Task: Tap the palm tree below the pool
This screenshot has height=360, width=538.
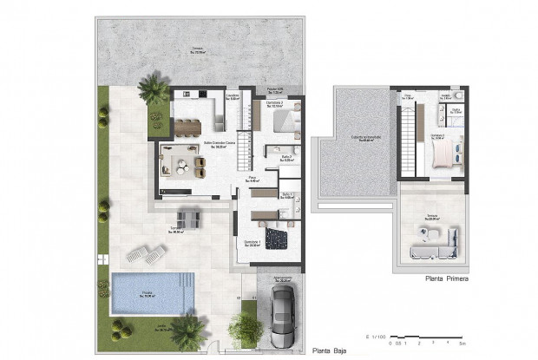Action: [x=187, y=330]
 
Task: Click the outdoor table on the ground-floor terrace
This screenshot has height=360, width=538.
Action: [x=189, y=216]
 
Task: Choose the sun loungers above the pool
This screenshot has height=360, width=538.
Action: [x=146, y=253]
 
